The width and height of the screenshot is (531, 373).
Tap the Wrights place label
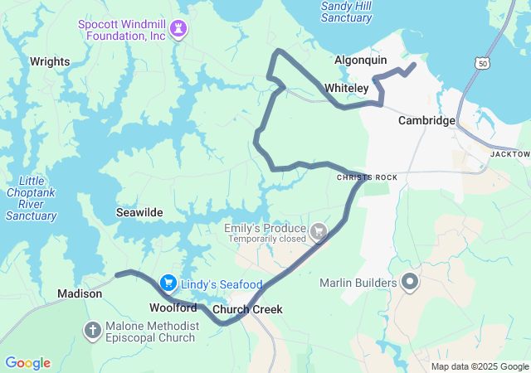point(50,61)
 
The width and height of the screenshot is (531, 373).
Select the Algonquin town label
point(360,61)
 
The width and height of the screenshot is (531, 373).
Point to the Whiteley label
point(347,88)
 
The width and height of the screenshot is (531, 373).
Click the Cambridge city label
point(426,120)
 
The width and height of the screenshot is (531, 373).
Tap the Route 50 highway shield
point(482,62)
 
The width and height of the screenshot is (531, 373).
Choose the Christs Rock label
point(367,177)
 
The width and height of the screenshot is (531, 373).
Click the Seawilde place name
point(139,212)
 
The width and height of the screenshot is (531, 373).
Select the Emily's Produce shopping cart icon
point(318,230)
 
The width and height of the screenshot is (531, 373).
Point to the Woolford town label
point(173,308)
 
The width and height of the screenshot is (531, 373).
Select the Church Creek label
point(247,310)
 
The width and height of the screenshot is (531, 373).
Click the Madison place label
point(80,293)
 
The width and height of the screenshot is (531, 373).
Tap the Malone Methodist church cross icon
point(93,332)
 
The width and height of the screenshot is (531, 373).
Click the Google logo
point(27,363)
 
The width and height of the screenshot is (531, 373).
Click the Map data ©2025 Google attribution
point(480,366)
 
